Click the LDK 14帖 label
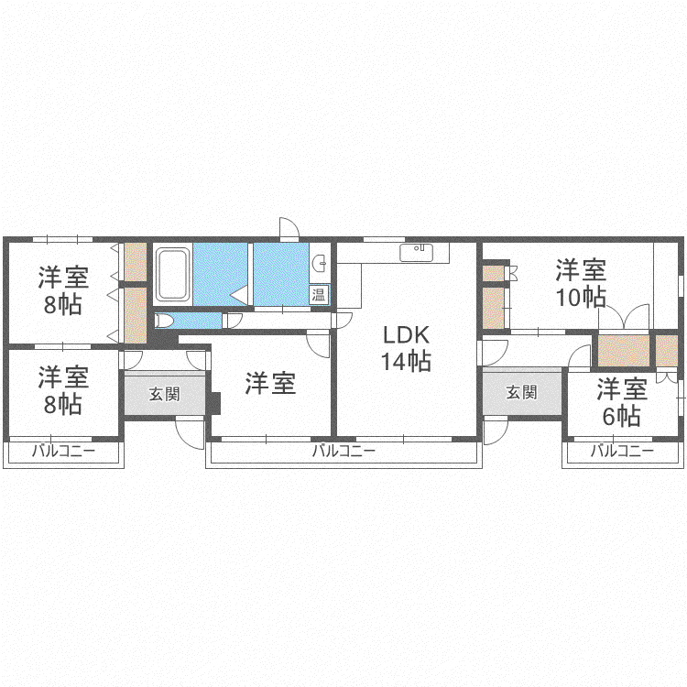406,348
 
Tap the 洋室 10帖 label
581,283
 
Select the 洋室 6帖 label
622,402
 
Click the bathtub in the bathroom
173,275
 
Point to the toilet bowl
164,321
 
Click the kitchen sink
416,253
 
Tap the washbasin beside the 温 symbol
320,263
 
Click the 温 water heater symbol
319,294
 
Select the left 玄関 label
164,394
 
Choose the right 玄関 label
521,392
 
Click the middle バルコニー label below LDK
343,451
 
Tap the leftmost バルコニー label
63,451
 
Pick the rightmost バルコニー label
622,451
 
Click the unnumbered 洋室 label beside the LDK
270,383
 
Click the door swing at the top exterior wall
289,228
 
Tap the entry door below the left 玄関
191,433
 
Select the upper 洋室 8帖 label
63,290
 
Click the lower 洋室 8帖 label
63,390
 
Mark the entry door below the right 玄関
496,431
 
